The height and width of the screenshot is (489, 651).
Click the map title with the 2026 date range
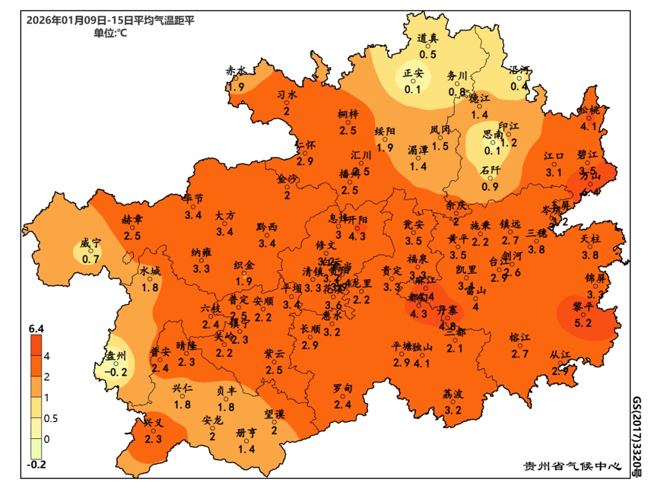pos(110,21)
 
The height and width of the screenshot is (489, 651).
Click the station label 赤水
pos(236,71)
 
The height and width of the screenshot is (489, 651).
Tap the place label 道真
pos(428,38)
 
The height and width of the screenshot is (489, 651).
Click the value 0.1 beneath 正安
pos(413,89)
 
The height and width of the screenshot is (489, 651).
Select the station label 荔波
pos(453,394)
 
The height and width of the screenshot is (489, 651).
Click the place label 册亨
pos(247,432)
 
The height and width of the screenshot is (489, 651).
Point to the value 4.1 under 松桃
pos(588,127)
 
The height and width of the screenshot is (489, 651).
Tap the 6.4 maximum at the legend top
pos(37,329)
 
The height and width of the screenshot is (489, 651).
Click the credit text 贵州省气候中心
pos(571,466)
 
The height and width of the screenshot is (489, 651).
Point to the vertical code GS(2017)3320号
pos(637,437)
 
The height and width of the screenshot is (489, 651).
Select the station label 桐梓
pos(348,113)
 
